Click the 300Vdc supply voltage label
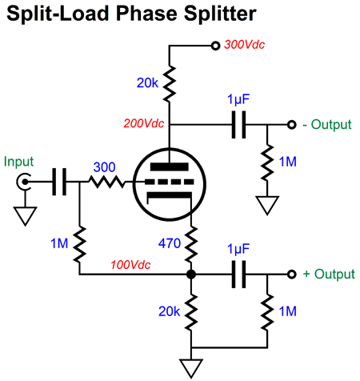244,45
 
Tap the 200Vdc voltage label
144,123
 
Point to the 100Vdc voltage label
130,265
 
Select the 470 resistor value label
170,243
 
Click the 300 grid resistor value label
104,167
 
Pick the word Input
18,162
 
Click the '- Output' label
327,125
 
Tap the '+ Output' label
329,274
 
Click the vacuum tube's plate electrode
170,167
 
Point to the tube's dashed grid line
170,182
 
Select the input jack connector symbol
23,182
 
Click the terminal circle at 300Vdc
215,46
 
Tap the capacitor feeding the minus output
238,125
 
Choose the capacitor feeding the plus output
238,275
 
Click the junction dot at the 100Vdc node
191,275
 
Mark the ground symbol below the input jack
26,216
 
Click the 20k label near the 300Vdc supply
147,83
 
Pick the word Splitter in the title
220,14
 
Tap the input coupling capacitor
59,182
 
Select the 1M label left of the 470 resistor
59,243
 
